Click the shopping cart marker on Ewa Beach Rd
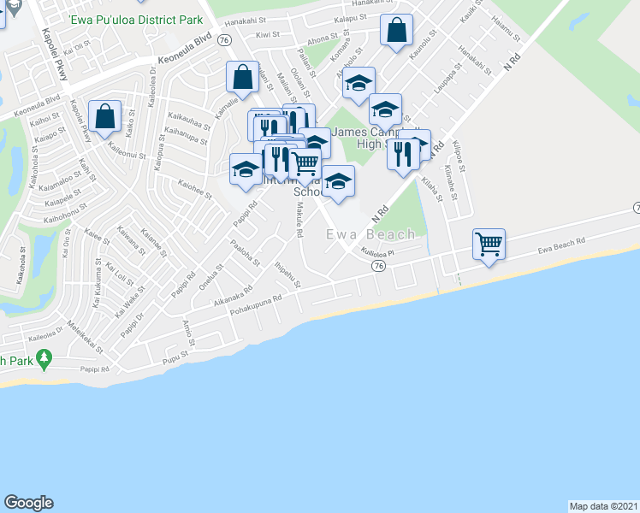pos(489,245)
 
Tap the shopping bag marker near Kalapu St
pos(396,32)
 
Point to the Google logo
pos(28,503)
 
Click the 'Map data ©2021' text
pos(604,505)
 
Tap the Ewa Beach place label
pos(370,233)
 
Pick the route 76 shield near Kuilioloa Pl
pos(377,267)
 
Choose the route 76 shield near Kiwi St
pos(223,40)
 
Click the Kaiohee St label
pos(194,189)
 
